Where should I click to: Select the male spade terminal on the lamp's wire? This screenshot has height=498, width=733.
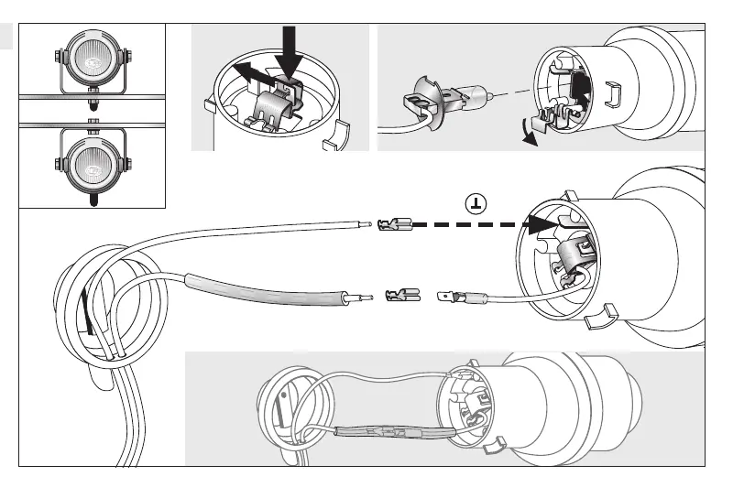tap(455, 297)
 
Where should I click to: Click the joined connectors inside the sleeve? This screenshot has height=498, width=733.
tap(394, 434)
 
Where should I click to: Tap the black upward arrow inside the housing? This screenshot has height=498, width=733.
tap(580, 93)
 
